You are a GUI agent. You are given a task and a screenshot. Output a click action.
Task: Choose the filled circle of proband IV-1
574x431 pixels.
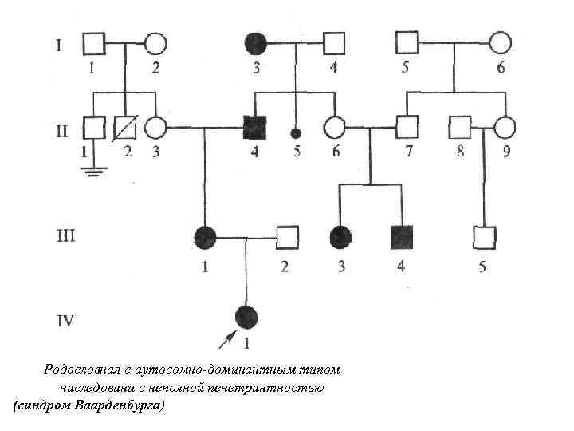point(247,317)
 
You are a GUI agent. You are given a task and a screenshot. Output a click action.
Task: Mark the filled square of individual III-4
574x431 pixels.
point(400,236)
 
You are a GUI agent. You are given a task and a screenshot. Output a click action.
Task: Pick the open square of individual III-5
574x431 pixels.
point(484,237)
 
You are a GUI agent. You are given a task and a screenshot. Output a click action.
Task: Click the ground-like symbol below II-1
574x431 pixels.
point(94,169)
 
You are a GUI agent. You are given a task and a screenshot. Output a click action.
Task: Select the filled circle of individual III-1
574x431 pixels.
point(205,236)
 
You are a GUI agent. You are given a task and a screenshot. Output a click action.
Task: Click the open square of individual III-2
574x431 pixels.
point(286,236)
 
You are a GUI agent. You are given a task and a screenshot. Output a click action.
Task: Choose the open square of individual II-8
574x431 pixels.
point(459,126)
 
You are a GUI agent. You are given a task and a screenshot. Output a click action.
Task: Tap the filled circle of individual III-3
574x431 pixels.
point(340,236)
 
